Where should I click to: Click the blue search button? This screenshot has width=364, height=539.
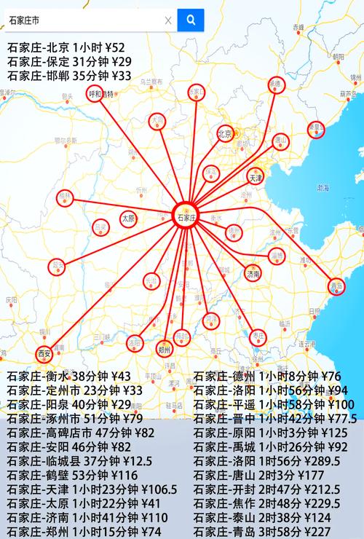191,20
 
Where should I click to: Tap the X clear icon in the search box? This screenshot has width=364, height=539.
168,20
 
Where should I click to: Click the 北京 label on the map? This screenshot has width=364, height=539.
224,133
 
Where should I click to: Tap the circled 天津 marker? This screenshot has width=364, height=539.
255,178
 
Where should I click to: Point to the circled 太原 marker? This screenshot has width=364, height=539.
128,218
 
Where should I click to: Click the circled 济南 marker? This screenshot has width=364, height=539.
253,274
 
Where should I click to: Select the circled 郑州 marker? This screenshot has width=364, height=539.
164,349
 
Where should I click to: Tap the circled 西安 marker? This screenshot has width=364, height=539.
44,354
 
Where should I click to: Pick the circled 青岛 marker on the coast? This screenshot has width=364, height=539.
336,286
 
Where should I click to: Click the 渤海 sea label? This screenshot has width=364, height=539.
323,187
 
